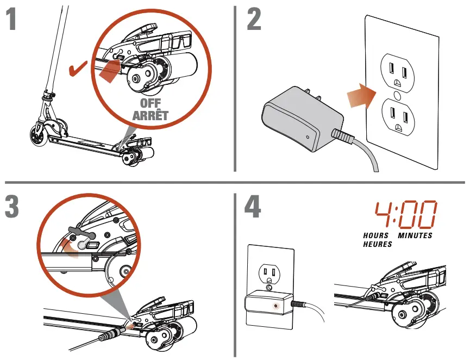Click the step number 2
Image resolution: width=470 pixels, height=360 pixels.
(x=253, y=20)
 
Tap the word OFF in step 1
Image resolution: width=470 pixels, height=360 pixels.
(x=151, y=104)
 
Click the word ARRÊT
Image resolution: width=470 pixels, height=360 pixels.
(x=151, y=115)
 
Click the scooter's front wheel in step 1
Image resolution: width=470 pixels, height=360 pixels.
(x=39, y=135)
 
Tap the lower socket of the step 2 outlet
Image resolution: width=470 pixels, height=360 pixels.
(x=399, y=116)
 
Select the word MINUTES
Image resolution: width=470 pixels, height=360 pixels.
(x=415, y=235)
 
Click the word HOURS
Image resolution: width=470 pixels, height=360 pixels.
(x=376, y=235)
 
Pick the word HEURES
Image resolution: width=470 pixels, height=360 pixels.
(x=378, y=245)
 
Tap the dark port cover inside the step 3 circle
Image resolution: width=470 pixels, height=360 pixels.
(x=83, y=232)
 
